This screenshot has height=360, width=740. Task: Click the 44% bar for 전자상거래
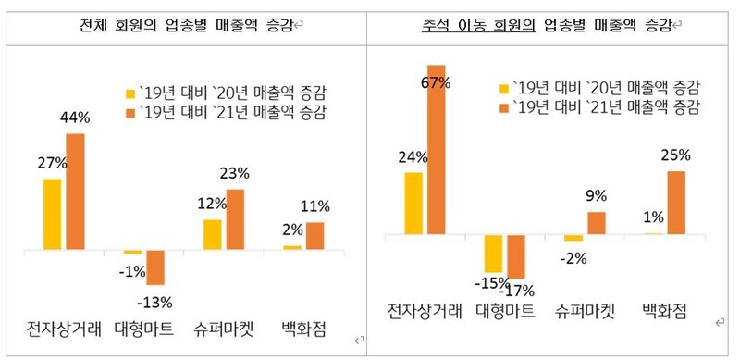[75, 192]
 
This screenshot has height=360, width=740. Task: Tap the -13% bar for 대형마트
[155, 267]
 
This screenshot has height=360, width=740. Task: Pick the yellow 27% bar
[52, 214]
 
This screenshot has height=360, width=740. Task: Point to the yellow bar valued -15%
[493, 253]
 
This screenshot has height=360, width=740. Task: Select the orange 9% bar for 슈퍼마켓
[597, 223]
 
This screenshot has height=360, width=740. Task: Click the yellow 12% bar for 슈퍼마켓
[212, 234]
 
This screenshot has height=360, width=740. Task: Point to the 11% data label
[315, 206]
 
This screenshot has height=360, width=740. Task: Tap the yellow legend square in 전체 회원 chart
[130, 93]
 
